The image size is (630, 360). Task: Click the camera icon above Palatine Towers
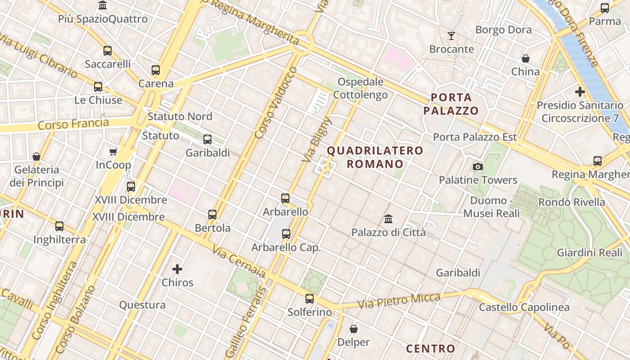pyautogui.click(x=478, y=167)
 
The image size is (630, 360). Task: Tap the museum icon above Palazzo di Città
pyautogui.click(x=388, y=219)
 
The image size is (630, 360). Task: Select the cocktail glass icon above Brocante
pyautogui.click(x=451, y=36)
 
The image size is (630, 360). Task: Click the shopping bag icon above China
pyautogui.click(x=525, y=58)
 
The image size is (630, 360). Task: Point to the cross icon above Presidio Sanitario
pyautogui.click(x=580, y=92)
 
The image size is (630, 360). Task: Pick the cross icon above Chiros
pyautogui.click(x=177, y=270)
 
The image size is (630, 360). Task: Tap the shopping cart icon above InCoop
pyautogui.click(x=113, y=152)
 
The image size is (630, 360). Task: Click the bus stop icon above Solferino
pyautogui.click(x=310, y=298)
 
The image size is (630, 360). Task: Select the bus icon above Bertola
pyautogui.click(x=212, y=215)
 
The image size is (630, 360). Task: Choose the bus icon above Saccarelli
pyautogui.click(x=108, y=51)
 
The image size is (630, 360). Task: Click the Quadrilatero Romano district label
pyautogui.click(x=375, y=157)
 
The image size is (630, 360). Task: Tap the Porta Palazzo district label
pyautogui.click(x=451, y=104)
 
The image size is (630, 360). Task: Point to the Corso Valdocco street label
pyautogui.click(x=276, y=103)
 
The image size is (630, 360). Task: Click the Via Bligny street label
pyautogui.click(x=317, y=139)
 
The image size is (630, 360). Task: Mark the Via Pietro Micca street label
pyautogui.click(x=399, y=300)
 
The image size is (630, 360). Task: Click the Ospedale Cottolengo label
pyautogui.click(x=360, y=88)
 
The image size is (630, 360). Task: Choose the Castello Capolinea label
pyautogui.click(x=524, y=307)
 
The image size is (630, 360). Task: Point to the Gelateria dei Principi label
pyautogui.click(x=36, y=176)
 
